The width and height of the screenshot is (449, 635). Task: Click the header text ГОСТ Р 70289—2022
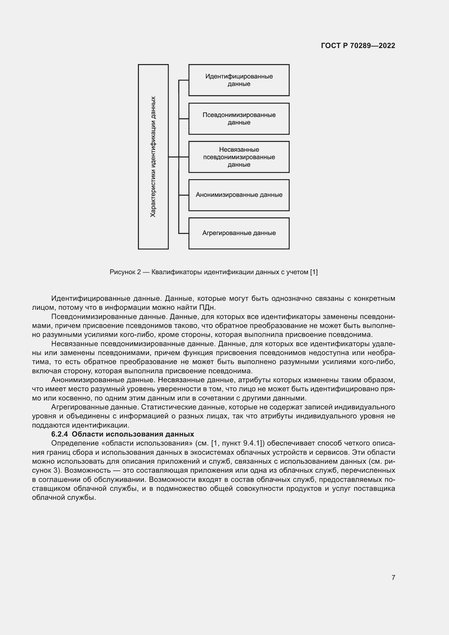pyautogui.click(x=358, y=46)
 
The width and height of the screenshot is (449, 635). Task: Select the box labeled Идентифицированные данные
pyautogui.click(x=239, y=80)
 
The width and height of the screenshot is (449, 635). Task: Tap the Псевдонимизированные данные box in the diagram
pyautogui.click(x=239, y=119)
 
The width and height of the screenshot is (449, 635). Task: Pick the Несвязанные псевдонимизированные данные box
pyautogui.click(x=239, y=157)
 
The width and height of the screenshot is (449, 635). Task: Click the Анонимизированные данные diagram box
pyautogui.click(x=239, y=195)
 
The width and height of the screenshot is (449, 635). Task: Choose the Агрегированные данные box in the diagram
pyautogui.click(x=239, y=233)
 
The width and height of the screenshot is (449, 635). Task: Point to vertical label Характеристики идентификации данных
pyautogui.click(x=153, y=157)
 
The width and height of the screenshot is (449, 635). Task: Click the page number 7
pyautogui.click(x=393, y=577)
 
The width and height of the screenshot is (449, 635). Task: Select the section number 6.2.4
pyautogui.click(x=59, y=434)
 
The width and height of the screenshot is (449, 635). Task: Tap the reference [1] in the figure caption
pyautogui.click(x=314, y=272)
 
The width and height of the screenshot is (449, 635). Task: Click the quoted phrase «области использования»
pyautogui.click(x=147, y=443)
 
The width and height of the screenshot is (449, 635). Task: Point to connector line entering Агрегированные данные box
pyautogui.click(x=184, y=233)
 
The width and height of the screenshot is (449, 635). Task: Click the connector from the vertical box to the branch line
pyautogui.click(x=173, y=157)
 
